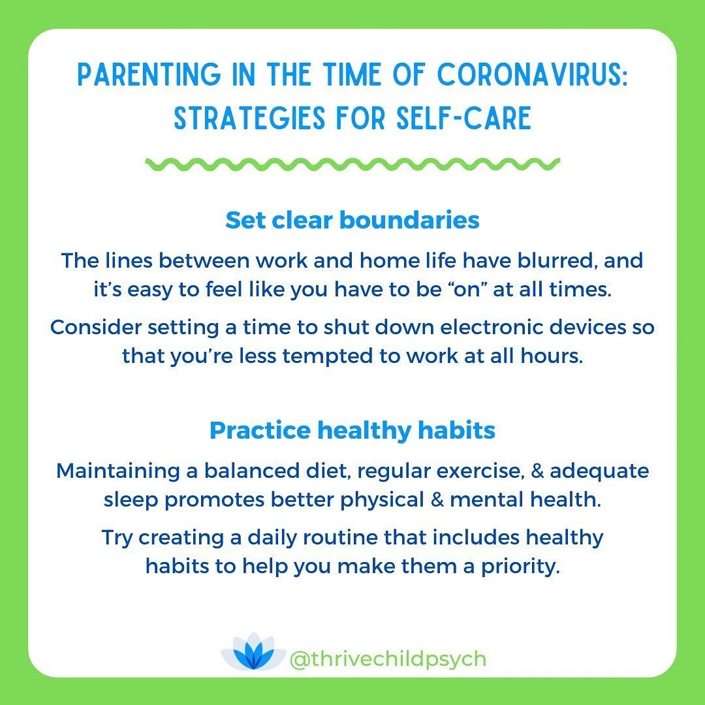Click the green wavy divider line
click(352, 164)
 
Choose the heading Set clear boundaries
click(352, 221)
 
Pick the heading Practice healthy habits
click(352, 430)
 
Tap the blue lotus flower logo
click(253, 655)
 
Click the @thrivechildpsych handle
click(388, 659)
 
